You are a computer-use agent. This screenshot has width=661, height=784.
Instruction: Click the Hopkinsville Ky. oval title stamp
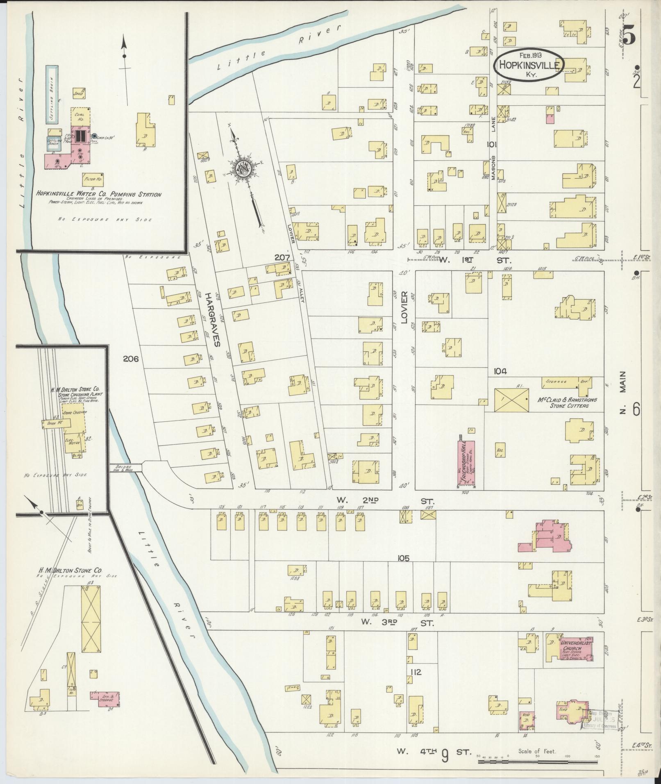(529, 65)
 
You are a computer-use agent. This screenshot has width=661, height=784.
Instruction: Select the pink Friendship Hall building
(466, 464)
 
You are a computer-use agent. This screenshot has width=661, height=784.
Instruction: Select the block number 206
(130, 359)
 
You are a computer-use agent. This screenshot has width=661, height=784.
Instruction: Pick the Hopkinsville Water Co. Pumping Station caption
(98, 195)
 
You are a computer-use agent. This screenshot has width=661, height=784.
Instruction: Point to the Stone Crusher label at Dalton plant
(73, 413)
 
